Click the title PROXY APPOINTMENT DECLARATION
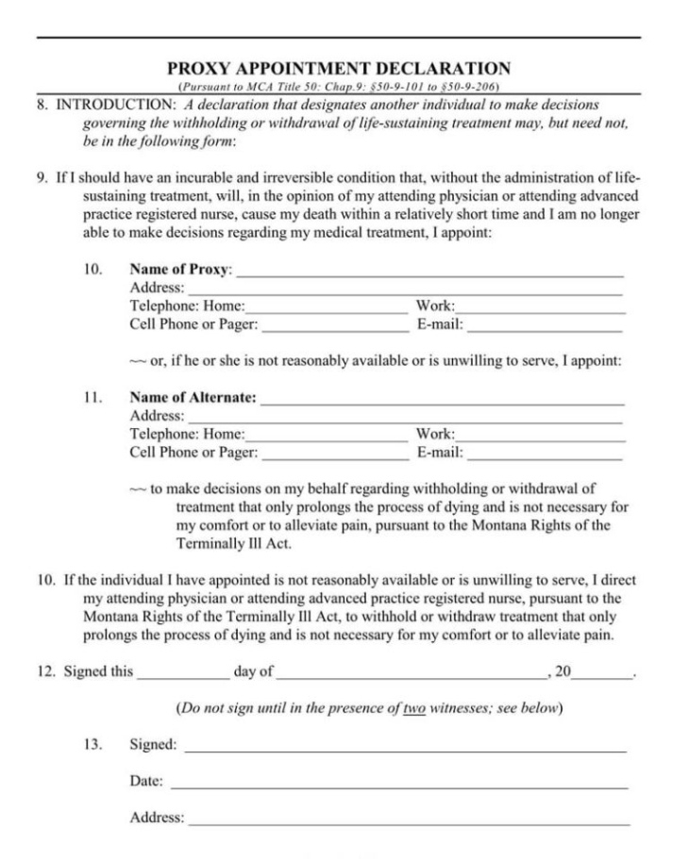coord(339,69)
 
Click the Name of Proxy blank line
coord(429,271)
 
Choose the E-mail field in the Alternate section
coord(545,454)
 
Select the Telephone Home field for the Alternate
coord(326,436)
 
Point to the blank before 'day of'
coord(182,673)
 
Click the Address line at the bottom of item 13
coord(408,818)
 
